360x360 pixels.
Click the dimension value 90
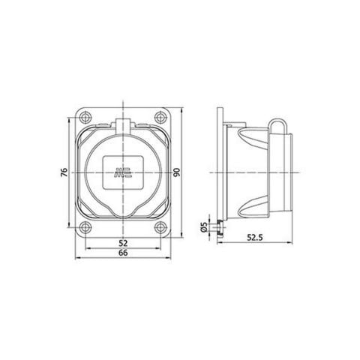pos(177,173)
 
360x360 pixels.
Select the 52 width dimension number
pos(123,243)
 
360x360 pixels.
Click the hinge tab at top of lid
pos(122,124)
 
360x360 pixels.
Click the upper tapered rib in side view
pos(251,142)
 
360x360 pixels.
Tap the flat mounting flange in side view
pos(217,172)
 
